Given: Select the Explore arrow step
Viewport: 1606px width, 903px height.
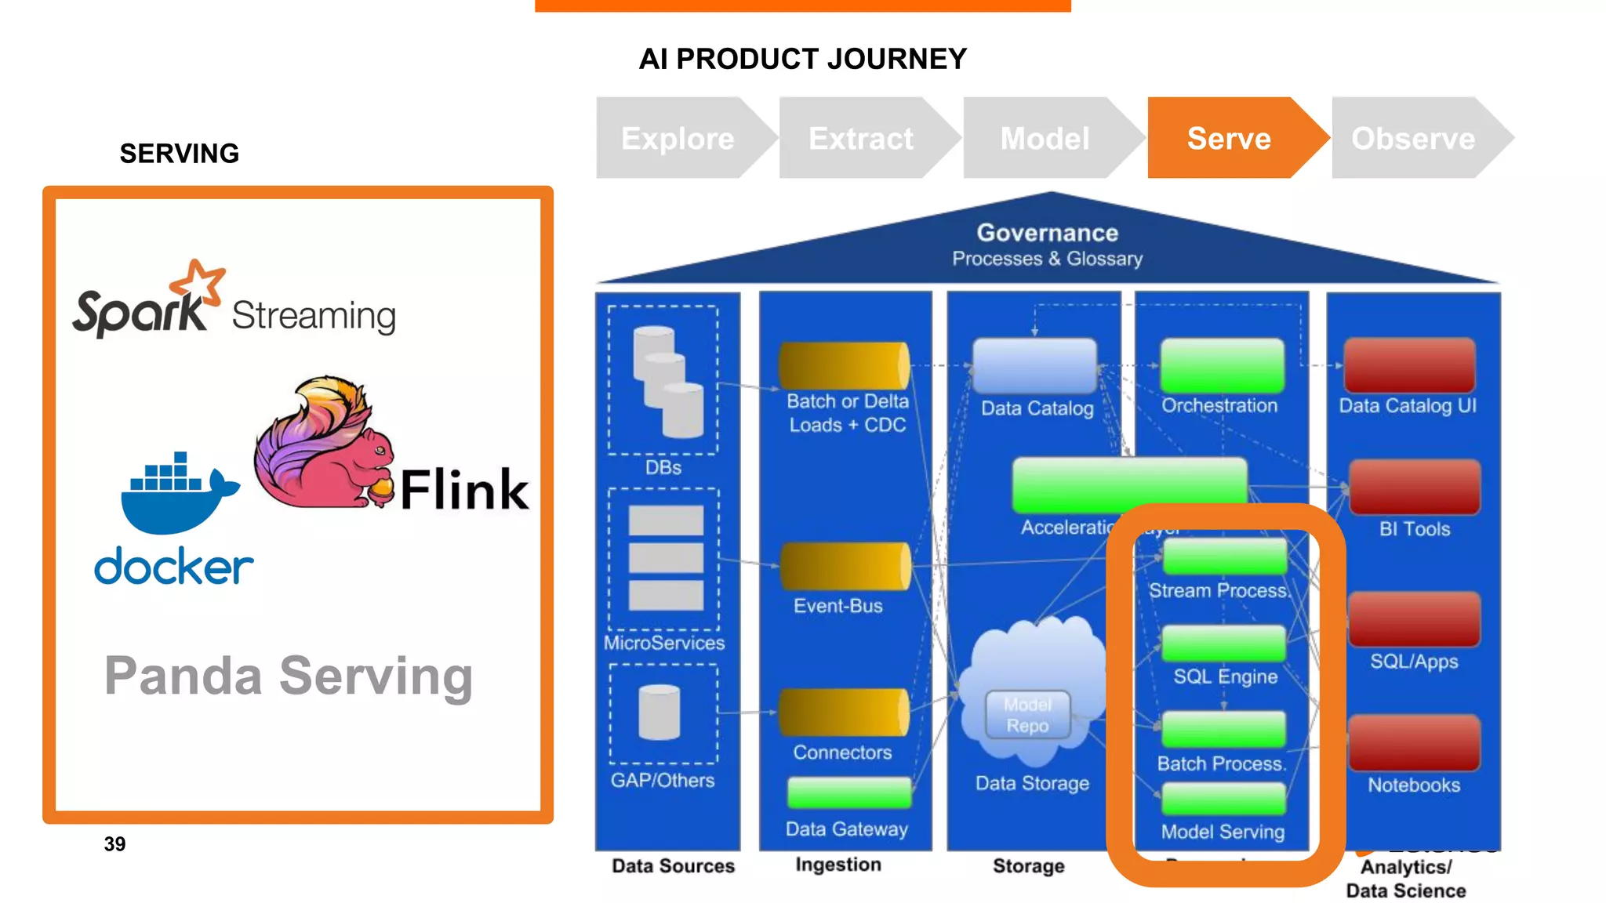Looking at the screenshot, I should click(678, 138).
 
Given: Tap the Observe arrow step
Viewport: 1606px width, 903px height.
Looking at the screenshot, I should click(1413, 138).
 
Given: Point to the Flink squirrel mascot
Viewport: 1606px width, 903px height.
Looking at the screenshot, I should click(322, 447).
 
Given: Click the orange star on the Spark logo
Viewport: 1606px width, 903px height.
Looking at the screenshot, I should click(198, 282).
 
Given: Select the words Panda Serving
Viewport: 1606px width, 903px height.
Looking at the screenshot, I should click(289, 676).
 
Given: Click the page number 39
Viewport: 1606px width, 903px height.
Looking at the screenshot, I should click(114, 844).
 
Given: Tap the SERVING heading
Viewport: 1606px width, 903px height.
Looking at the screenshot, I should click(179, 154).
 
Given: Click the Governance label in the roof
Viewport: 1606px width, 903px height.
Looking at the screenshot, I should click(1047, 233).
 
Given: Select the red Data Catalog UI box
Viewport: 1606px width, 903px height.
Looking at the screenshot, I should click(1409, 365).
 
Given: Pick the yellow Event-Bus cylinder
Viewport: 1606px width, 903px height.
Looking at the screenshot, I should click(845, 566).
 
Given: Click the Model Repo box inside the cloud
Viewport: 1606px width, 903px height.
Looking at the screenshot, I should click(1027, 715).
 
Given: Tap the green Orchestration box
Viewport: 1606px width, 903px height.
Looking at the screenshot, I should click(1222, 365).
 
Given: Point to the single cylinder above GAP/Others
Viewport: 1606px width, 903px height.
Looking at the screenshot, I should click(659, 713).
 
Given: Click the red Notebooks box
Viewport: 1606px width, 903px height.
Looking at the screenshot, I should click(1414, 743).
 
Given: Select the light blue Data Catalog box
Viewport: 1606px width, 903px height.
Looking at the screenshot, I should click(1034, 365).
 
